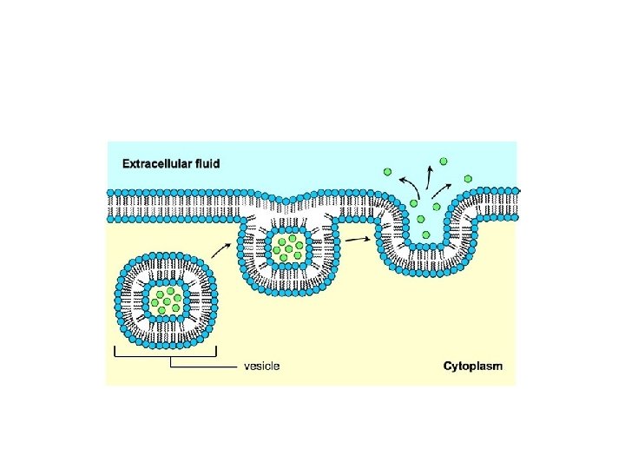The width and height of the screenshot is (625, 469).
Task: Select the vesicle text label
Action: tap(261, 366)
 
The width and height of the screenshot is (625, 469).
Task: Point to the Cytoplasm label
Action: tap(472, 366)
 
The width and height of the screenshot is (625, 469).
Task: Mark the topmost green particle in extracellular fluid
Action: tap(444, 161)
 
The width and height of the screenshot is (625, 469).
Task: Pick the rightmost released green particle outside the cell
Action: tap(468, 177)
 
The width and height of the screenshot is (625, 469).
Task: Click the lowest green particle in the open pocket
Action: tap(424, 234)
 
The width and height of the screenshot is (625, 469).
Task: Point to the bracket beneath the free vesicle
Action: tap(165, 353)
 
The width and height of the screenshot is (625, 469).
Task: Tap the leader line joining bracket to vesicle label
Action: tap(204, 367)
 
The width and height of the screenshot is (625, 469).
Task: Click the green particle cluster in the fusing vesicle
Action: tap(289, 247)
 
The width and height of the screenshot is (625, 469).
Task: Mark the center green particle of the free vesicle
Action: tap(166, 301)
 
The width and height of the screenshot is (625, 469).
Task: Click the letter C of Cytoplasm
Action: tap(448, 366)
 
